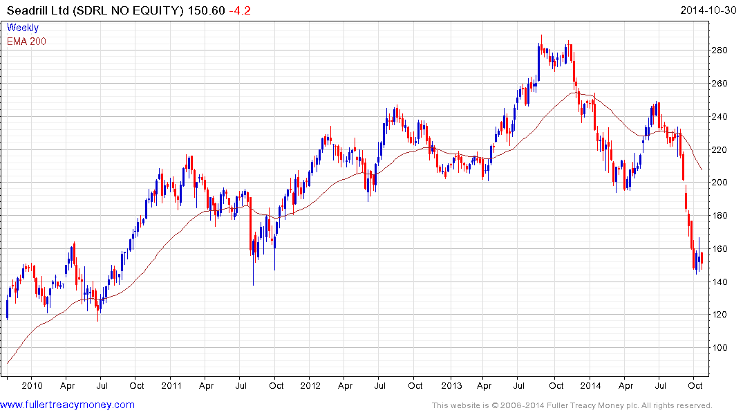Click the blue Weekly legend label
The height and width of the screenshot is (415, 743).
click(22, 28)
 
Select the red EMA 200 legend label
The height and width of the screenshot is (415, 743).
click(26, 41)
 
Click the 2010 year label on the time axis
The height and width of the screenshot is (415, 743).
click(32, 385)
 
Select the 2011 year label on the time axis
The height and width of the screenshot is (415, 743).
click(171, 385)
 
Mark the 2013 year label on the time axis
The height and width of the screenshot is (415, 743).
click(451, 385)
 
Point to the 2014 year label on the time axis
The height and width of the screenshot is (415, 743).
click(591, 385)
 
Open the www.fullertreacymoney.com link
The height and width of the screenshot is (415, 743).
click(68, 405)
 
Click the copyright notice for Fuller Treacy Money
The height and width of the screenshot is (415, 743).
click(572, 405)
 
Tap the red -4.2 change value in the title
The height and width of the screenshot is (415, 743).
click(242, 11)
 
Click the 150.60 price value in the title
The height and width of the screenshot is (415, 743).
click(207, 11)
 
